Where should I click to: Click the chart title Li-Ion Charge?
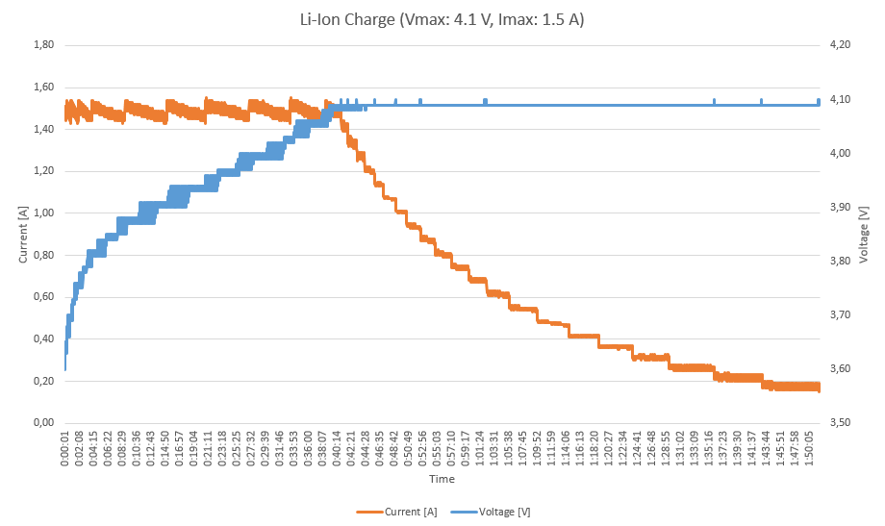pos(442,20)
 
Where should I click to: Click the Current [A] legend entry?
pos(409,512)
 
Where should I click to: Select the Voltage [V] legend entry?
pos(509,512)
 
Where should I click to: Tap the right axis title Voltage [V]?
pos(864,234)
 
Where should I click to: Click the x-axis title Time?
pos(442,478)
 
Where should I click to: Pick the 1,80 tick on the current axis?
pos(43,45)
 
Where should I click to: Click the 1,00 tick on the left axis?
pos(43,213)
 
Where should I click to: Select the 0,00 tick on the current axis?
pos(43,423)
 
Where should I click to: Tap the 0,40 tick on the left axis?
pos(43,339)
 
